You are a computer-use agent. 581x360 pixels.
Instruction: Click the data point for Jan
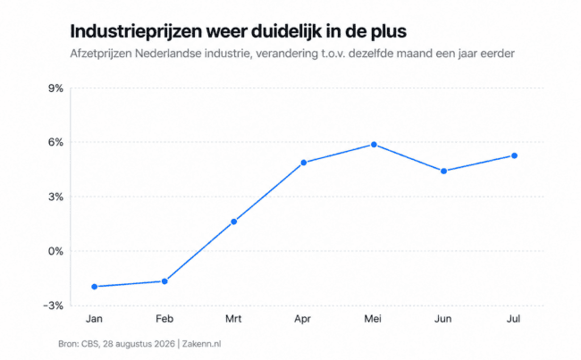click(x=95, y=287)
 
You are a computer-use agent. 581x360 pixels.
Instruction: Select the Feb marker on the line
click(x=164, y=281)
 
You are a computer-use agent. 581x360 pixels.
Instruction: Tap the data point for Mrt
click(x=234, y=222)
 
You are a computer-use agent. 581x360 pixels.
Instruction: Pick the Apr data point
click(x=304, y=163)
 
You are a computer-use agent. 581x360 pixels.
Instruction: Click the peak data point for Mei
click(x=374, y=145)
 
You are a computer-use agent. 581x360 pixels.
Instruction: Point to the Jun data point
click(x=444, y=172)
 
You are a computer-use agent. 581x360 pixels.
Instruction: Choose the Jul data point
click(x=514, y=156)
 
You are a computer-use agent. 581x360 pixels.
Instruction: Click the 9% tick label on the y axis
click(x=55, y=88)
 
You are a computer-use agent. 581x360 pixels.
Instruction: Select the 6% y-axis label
click(x=55, y=142)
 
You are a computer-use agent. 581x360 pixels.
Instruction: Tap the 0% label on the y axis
click(x=55, y=251)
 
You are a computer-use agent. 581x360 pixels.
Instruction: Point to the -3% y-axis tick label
click(x=54, y=306)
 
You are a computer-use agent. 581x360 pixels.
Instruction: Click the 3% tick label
click(x=55, y=197)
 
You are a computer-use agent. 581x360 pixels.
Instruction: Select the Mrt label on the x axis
click(x=233, y=319)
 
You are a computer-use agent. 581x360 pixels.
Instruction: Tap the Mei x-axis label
click(x=373, y=319)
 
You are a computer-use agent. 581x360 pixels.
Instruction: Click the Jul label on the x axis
click(x=514, y=319)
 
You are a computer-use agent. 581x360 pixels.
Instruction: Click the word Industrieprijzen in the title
click(x=137, y=32)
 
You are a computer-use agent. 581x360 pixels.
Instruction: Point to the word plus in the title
click(x=389, y=32)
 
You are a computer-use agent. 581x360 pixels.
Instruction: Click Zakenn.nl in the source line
click(x=202, y=344)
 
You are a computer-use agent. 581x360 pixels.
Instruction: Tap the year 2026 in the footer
click(x=164, y=344)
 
